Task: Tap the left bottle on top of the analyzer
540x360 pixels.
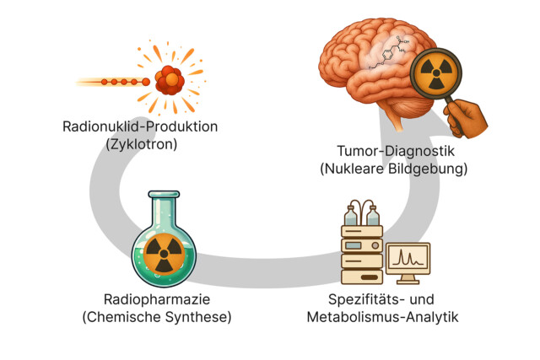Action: tap(352, 214)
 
